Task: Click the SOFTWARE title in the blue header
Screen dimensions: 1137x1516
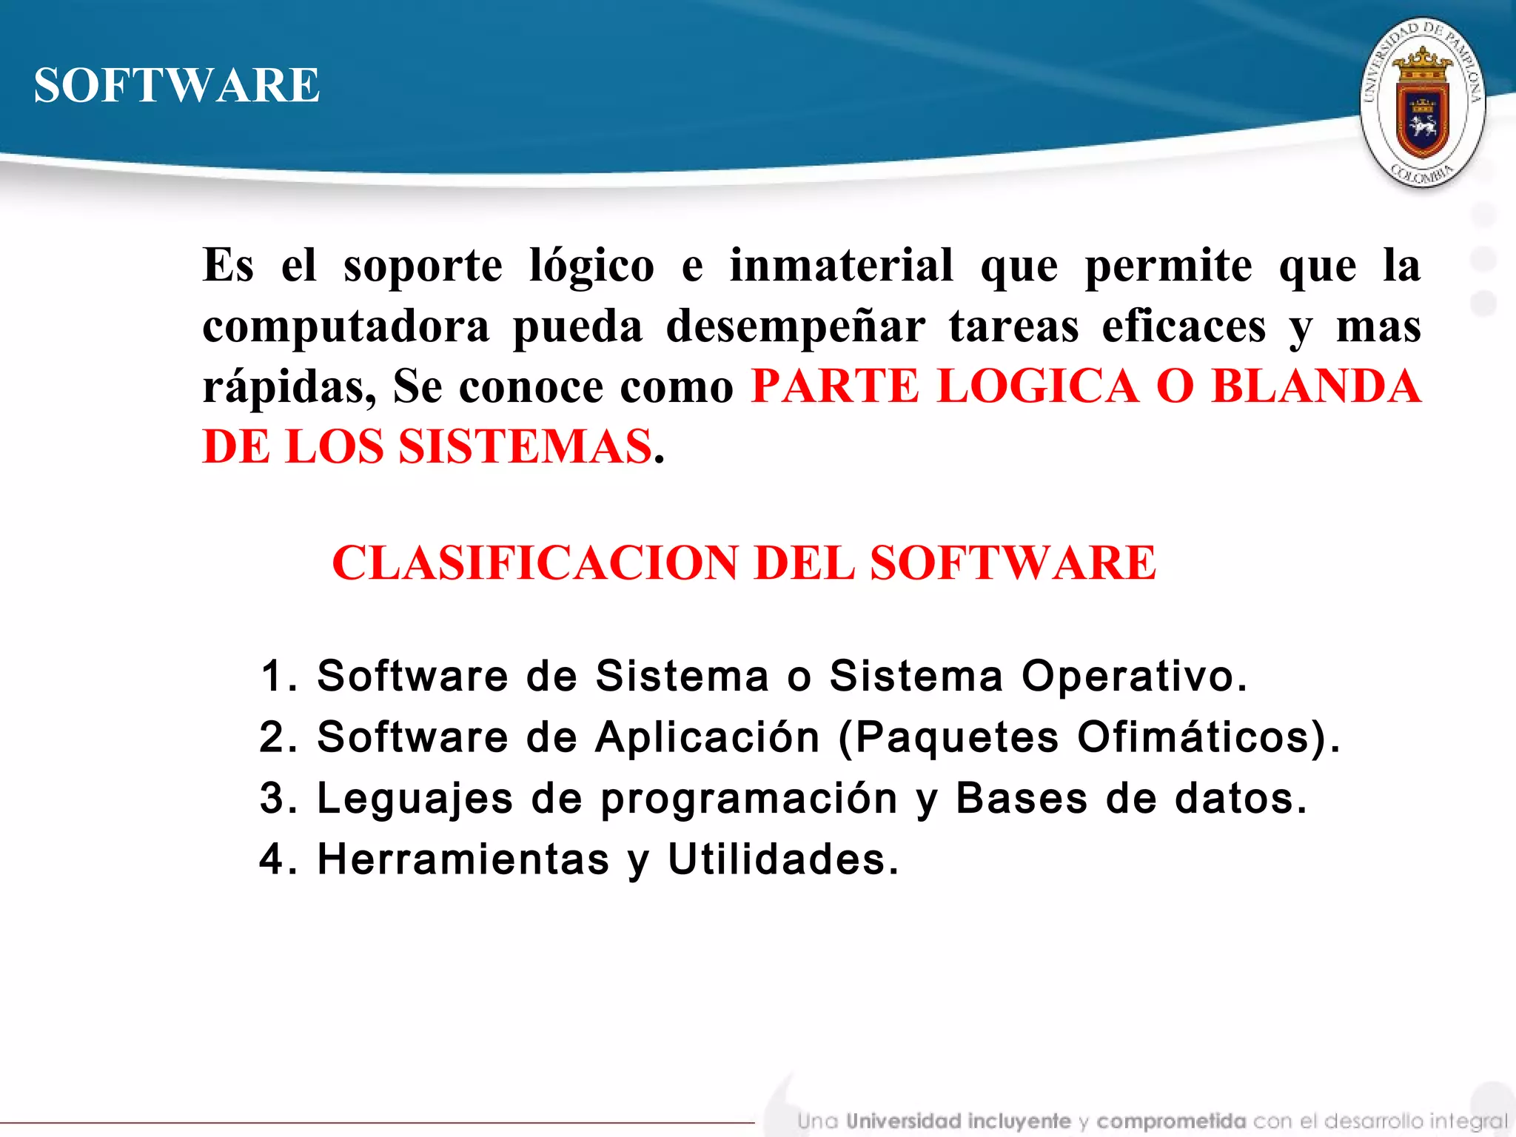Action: click(177, 85)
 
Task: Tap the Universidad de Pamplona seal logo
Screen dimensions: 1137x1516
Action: click(1422, 102)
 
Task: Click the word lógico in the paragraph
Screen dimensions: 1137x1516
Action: click(591, 266)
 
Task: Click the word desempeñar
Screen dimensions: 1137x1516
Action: click(795, 326)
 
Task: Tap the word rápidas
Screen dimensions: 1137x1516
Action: click(289, 386)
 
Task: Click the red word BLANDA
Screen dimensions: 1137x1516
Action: click(1315, 386)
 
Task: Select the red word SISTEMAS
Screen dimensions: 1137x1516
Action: click(526, 447)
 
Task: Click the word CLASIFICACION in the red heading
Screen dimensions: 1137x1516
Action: click(535, 563)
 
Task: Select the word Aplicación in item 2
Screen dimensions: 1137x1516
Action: click(708, 737)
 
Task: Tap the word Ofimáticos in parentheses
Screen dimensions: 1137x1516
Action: click(1199, 737)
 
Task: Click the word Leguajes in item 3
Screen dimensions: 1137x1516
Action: click(415, 799)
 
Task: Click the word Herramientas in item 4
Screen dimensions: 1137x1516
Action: click(463, 859)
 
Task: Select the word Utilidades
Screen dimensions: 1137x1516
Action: click(782, 859)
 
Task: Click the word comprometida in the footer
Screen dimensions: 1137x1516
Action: click(1171, 1121)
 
